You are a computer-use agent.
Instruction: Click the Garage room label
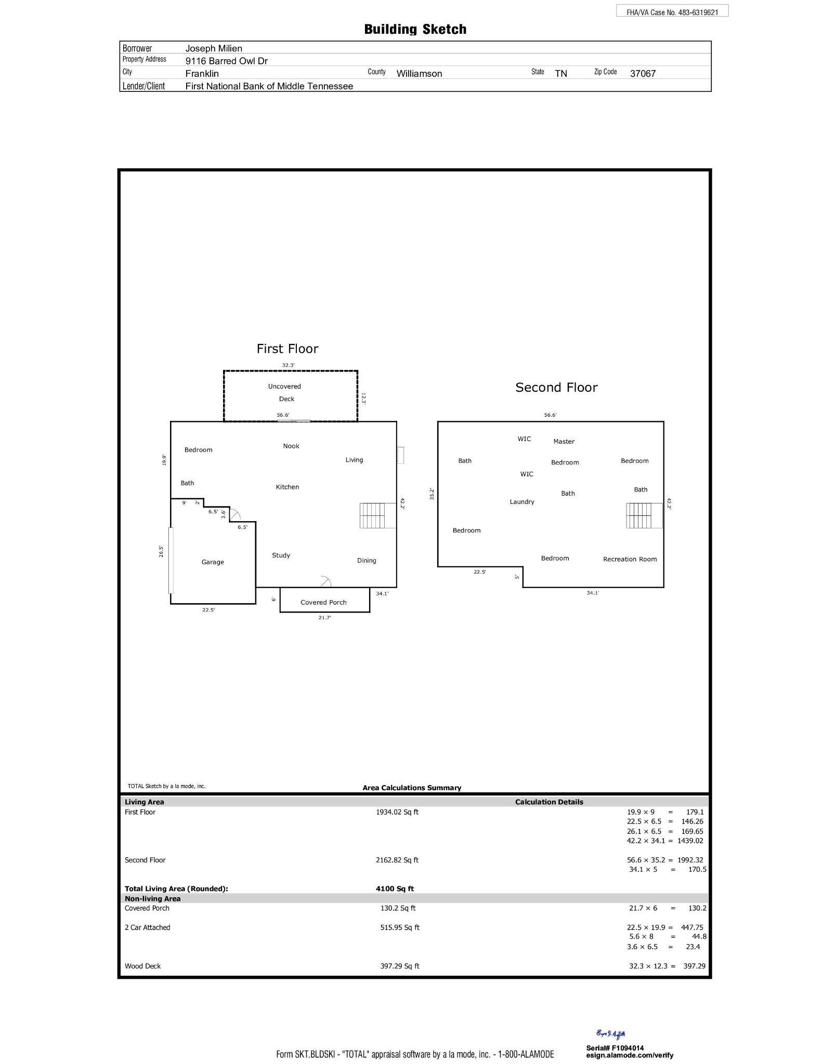[213, 562]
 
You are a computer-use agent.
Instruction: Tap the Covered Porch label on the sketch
[323, 603]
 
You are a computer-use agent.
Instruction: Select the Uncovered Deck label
[285, 393]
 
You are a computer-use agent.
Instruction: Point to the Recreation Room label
[630, 560]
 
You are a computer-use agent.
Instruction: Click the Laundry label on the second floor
[522, 502]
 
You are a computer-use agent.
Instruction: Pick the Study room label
[281, 555]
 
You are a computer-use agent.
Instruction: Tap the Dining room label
[367, 561]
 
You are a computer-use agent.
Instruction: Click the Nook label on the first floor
[291, 446]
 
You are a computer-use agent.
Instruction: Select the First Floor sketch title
[288, 349]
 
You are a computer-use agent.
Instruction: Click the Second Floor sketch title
[556, 388]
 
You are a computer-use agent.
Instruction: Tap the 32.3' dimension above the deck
[288, 365]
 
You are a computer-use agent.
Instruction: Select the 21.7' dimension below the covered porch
[324, 618]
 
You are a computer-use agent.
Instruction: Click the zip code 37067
[643, 74]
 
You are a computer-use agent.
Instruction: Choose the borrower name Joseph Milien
[214, 49]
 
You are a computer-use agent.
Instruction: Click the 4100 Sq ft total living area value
[395, 889]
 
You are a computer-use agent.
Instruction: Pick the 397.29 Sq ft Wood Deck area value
[399, 966]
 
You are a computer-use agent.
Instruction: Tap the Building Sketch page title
[415, 30]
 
